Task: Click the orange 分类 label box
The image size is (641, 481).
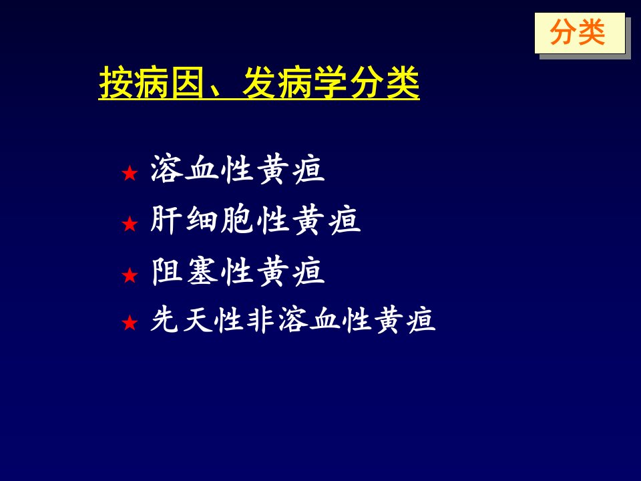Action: pyautogui.click(x=580, y=33)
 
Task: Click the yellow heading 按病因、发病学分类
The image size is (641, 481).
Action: pyautogui.click(x=259, y=83)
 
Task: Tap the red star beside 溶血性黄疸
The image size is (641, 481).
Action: pyautogui.click(x=130, y=173)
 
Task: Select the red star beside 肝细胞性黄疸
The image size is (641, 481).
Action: pyautogui.click(x=130, y=224)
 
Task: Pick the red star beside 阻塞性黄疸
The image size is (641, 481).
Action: pyautogui.click(x=130, y=275)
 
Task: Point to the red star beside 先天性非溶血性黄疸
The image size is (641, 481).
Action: pyautogui.click(x=130, y=323)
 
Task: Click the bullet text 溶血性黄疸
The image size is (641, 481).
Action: pyautogui.click(x=238, y=169)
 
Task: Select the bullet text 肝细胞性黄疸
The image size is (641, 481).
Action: pyautogui.click(x=256, y=220)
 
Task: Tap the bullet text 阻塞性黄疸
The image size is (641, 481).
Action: pyautogui.click(x=238, y=271)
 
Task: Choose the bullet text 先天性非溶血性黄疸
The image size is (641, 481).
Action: pyautogui.click(x=292, y=319)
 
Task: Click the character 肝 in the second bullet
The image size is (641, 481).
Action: pyautogui.click(x=166, y=220)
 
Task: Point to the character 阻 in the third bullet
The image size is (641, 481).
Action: pyautogui.click(x=166, y=271)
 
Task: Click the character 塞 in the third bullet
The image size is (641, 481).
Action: pyautogui.click(x=203, y=271)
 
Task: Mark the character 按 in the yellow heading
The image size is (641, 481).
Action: pyautogui.click(x=116, y=83)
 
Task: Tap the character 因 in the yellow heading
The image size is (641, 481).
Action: pyautogui.click(x=187, y=83)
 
